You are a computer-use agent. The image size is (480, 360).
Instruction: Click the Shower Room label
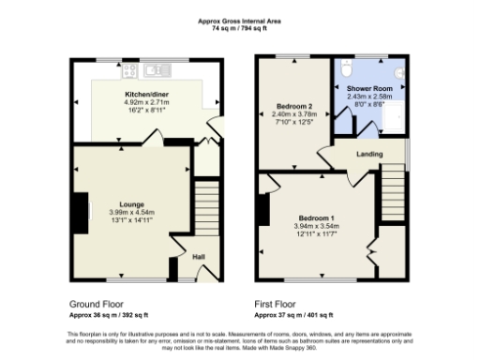tap(369, 89)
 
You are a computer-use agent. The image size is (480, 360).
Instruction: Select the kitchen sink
tap(161, 69)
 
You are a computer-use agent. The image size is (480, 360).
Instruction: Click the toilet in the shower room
tap(346, 70)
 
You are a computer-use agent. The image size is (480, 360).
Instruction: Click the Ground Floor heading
tap(97, 304)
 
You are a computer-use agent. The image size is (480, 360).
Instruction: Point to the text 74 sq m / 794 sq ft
tap(239, 30)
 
